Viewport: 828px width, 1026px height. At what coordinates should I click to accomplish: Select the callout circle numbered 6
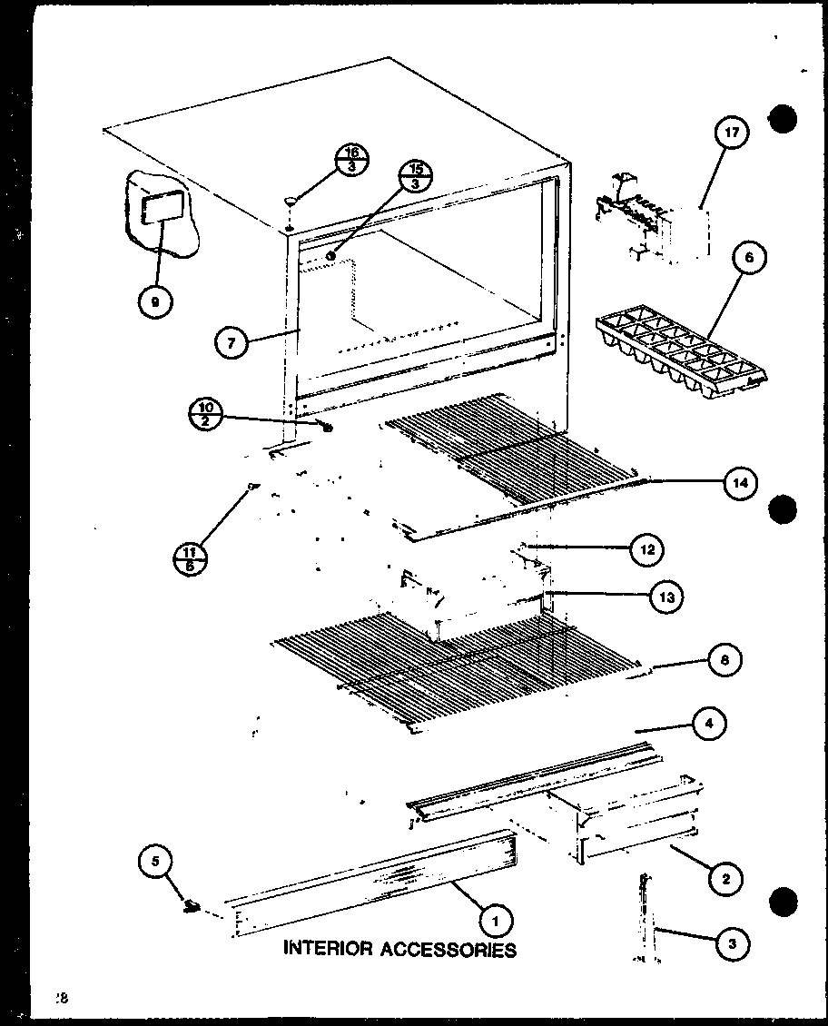[747, 258]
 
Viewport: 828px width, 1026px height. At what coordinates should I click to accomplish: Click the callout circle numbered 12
[646, 548]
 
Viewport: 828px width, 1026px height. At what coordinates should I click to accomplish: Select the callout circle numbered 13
[665, 597]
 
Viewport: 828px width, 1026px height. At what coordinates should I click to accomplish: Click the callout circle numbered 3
[733, 944]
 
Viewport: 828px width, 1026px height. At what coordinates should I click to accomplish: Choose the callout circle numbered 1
[494, 921]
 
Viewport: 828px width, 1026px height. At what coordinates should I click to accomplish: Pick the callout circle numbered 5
[156, 861]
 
